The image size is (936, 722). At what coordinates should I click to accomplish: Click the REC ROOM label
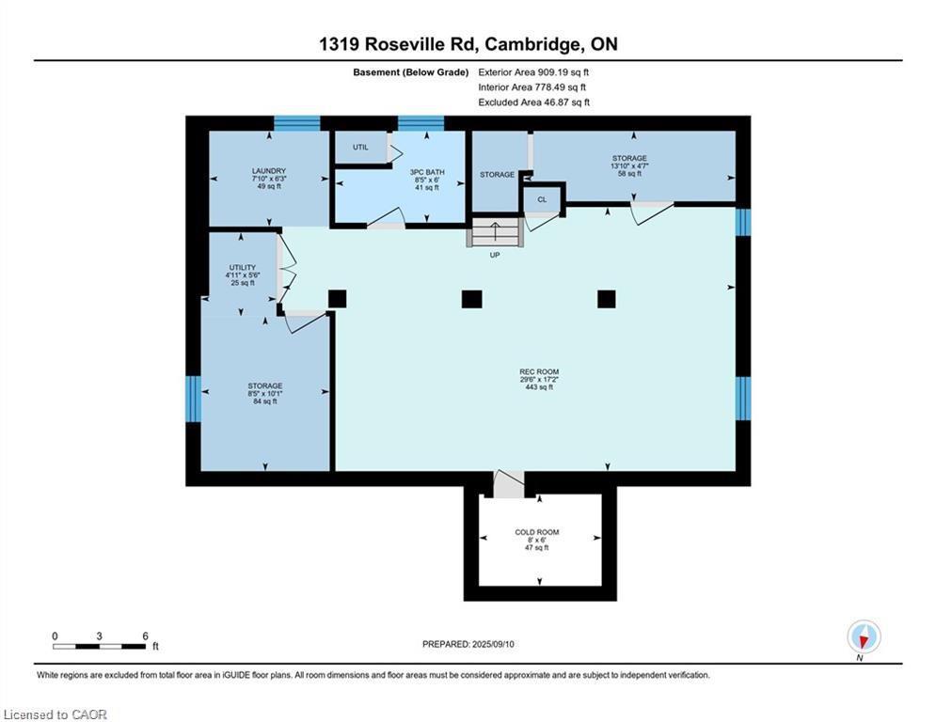point(539,372)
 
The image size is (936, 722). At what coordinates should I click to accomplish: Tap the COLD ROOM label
point(537,533)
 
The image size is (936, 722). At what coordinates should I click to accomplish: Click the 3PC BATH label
point(427,172)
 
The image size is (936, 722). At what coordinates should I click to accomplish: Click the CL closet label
point(542,200)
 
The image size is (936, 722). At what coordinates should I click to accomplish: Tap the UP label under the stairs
point(495,255)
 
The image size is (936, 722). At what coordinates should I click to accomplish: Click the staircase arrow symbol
point(496,231)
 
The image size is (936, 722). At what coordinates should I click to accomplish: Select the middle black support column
point(471,299)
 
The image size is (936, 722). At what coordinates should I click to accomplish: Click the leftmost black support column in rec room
point(337,299)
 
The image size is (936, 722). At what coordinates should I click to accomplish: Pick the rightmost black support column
point(607,299)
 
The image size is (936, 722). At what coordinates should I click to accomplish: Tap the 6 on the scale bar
point(145,636)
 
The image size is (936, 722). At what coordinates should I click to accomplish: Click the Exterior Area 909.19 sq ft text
point(534,71)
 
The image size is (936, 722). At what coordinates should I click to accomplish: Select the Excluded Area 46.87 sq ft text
point(534,102)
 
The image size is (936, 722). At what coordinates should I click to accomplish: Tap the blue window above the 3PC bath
point(420,123)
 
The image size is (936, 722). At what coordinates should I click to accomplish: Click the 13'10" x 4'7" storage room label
point(628,165)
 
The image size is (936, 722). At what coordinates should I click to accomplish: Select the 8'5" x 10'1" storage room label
point(265,393)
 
